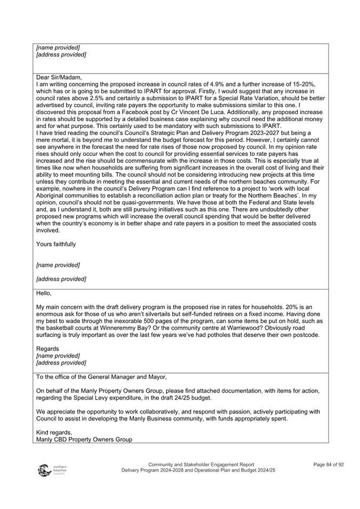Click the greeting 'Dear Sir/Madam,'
(59, 77)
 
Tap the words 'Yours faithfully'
(56, 244)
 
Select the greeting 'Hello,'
(45, 293)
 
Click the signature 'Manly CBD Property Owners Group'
(84, 440)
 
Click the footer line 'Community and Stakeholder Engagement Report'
(201, 465)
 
